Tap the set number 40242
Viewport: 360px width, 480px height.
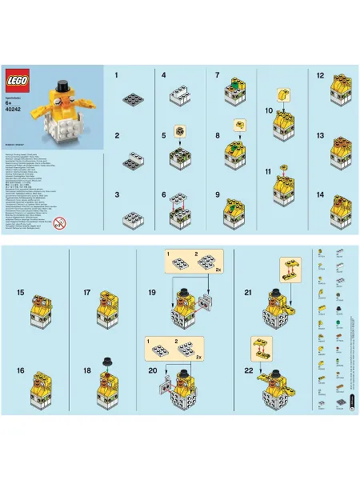pos(13,107)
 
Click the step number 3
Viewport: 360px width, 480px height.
pos(117,194)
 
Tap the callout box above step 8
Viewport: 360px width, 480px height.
pos(240,124)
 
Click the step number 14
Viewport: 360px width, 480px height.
pos(320,194)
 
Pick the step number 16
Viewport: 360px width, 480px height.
pos(20,370)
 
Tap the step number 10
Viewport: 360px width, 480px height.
pos(269,110)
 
